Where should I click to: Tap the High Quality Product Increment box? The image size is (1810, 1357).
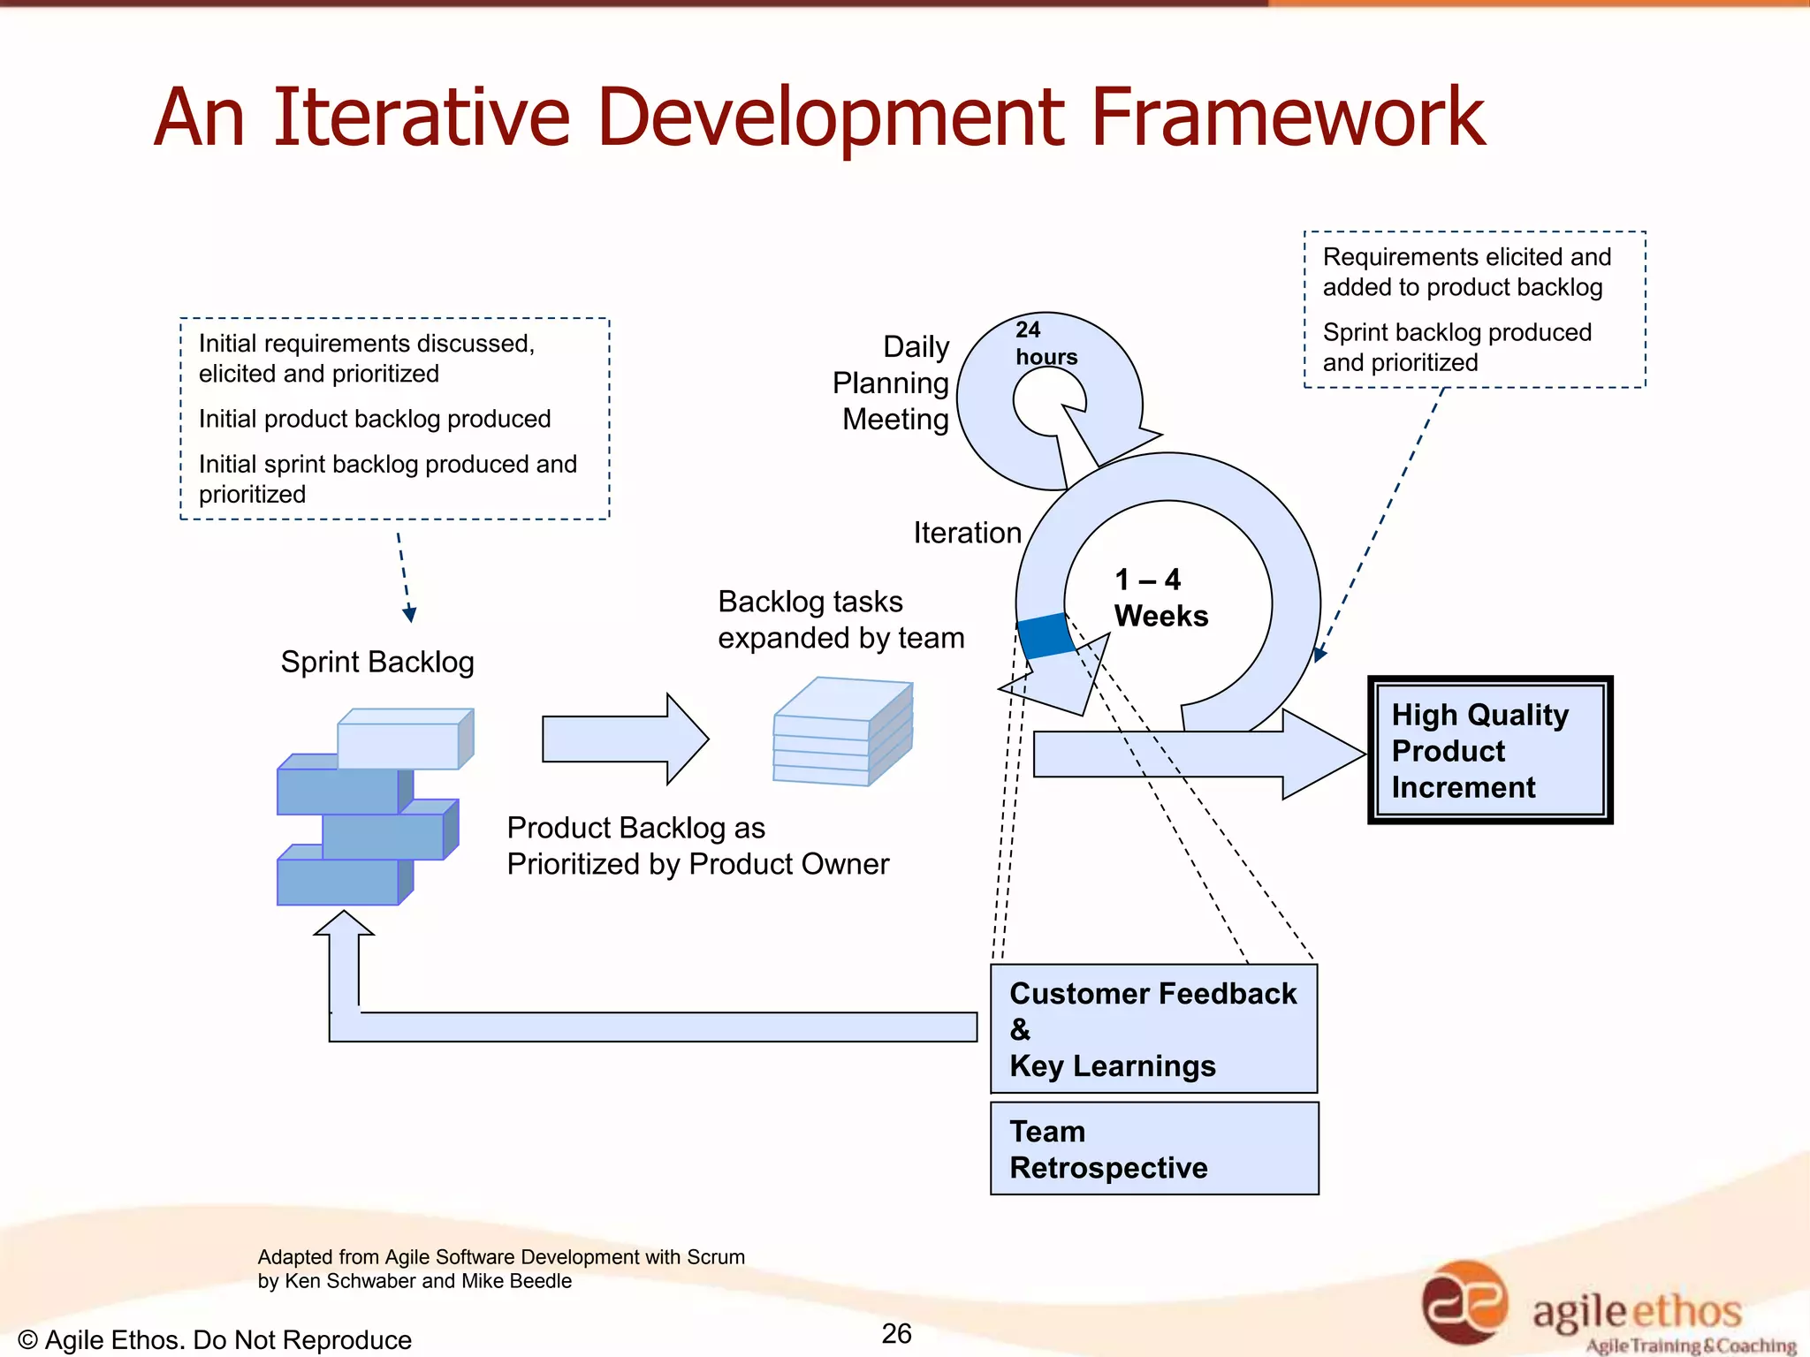pos(1490,750)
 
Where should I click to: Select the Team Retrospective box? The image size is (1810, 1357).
pos(1154,1149)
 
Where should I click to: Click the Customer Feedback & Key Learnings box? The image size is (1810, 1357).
pos(1154,1029)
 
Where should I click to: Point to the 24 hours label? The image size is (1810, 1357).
pos(1046,343)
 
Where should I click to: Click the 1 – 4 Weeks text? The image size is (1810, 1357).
pos(1160,598)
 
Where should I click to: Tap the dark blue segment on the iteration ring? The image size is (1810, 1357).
pos(1046,635)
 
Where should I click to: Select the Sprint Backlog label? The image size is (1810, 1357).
pos(377,662)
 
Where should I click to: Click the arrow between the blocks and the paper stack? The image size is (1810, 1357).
pos(624,739)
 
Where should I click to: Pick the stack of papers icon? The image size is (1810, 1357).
pos(842,732)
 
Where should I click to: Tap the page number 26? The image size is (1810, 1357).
pos(896,1333)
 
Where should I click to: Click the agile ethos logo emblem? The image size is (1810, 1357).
pos(1464,1302)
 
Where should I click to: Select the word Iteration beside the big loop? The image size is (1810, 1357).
pos(967,533)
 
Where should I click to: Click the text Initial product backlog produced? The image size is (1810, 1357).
pos(375,419)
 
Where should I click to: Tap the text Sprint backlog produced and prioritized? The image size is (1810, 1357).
pos(1456,347)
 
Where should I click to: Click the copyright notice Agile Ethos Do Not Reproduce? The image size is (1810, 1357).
pos(215,1339)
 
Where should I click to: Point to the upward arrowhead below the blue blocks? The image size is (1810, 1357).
pos(344,924)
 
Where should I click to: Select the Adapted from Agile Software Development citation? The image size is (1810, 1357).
pos(500,1269)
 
